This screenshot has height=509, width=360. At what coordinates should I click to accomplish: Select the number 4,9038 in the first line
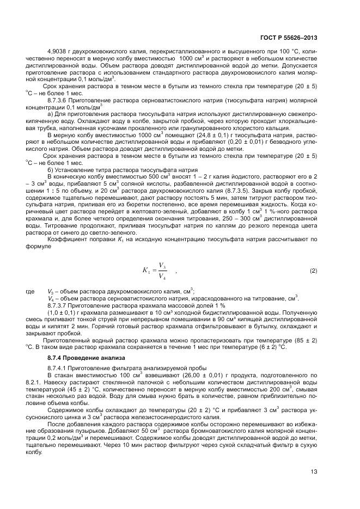[x=59, y=52]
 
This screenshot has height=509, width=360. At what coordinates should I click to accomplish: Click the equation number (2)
[x=313, y=271]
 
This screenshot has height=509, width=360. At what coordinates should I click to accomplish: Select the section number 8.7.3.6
[x=59, y=101]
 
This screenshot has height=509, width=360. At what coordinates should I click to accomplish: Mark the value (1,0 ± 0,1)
[x=64, y=313]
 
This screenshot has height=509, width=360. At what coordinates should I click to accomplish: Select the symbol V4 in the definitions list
[x=51, y=298]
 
